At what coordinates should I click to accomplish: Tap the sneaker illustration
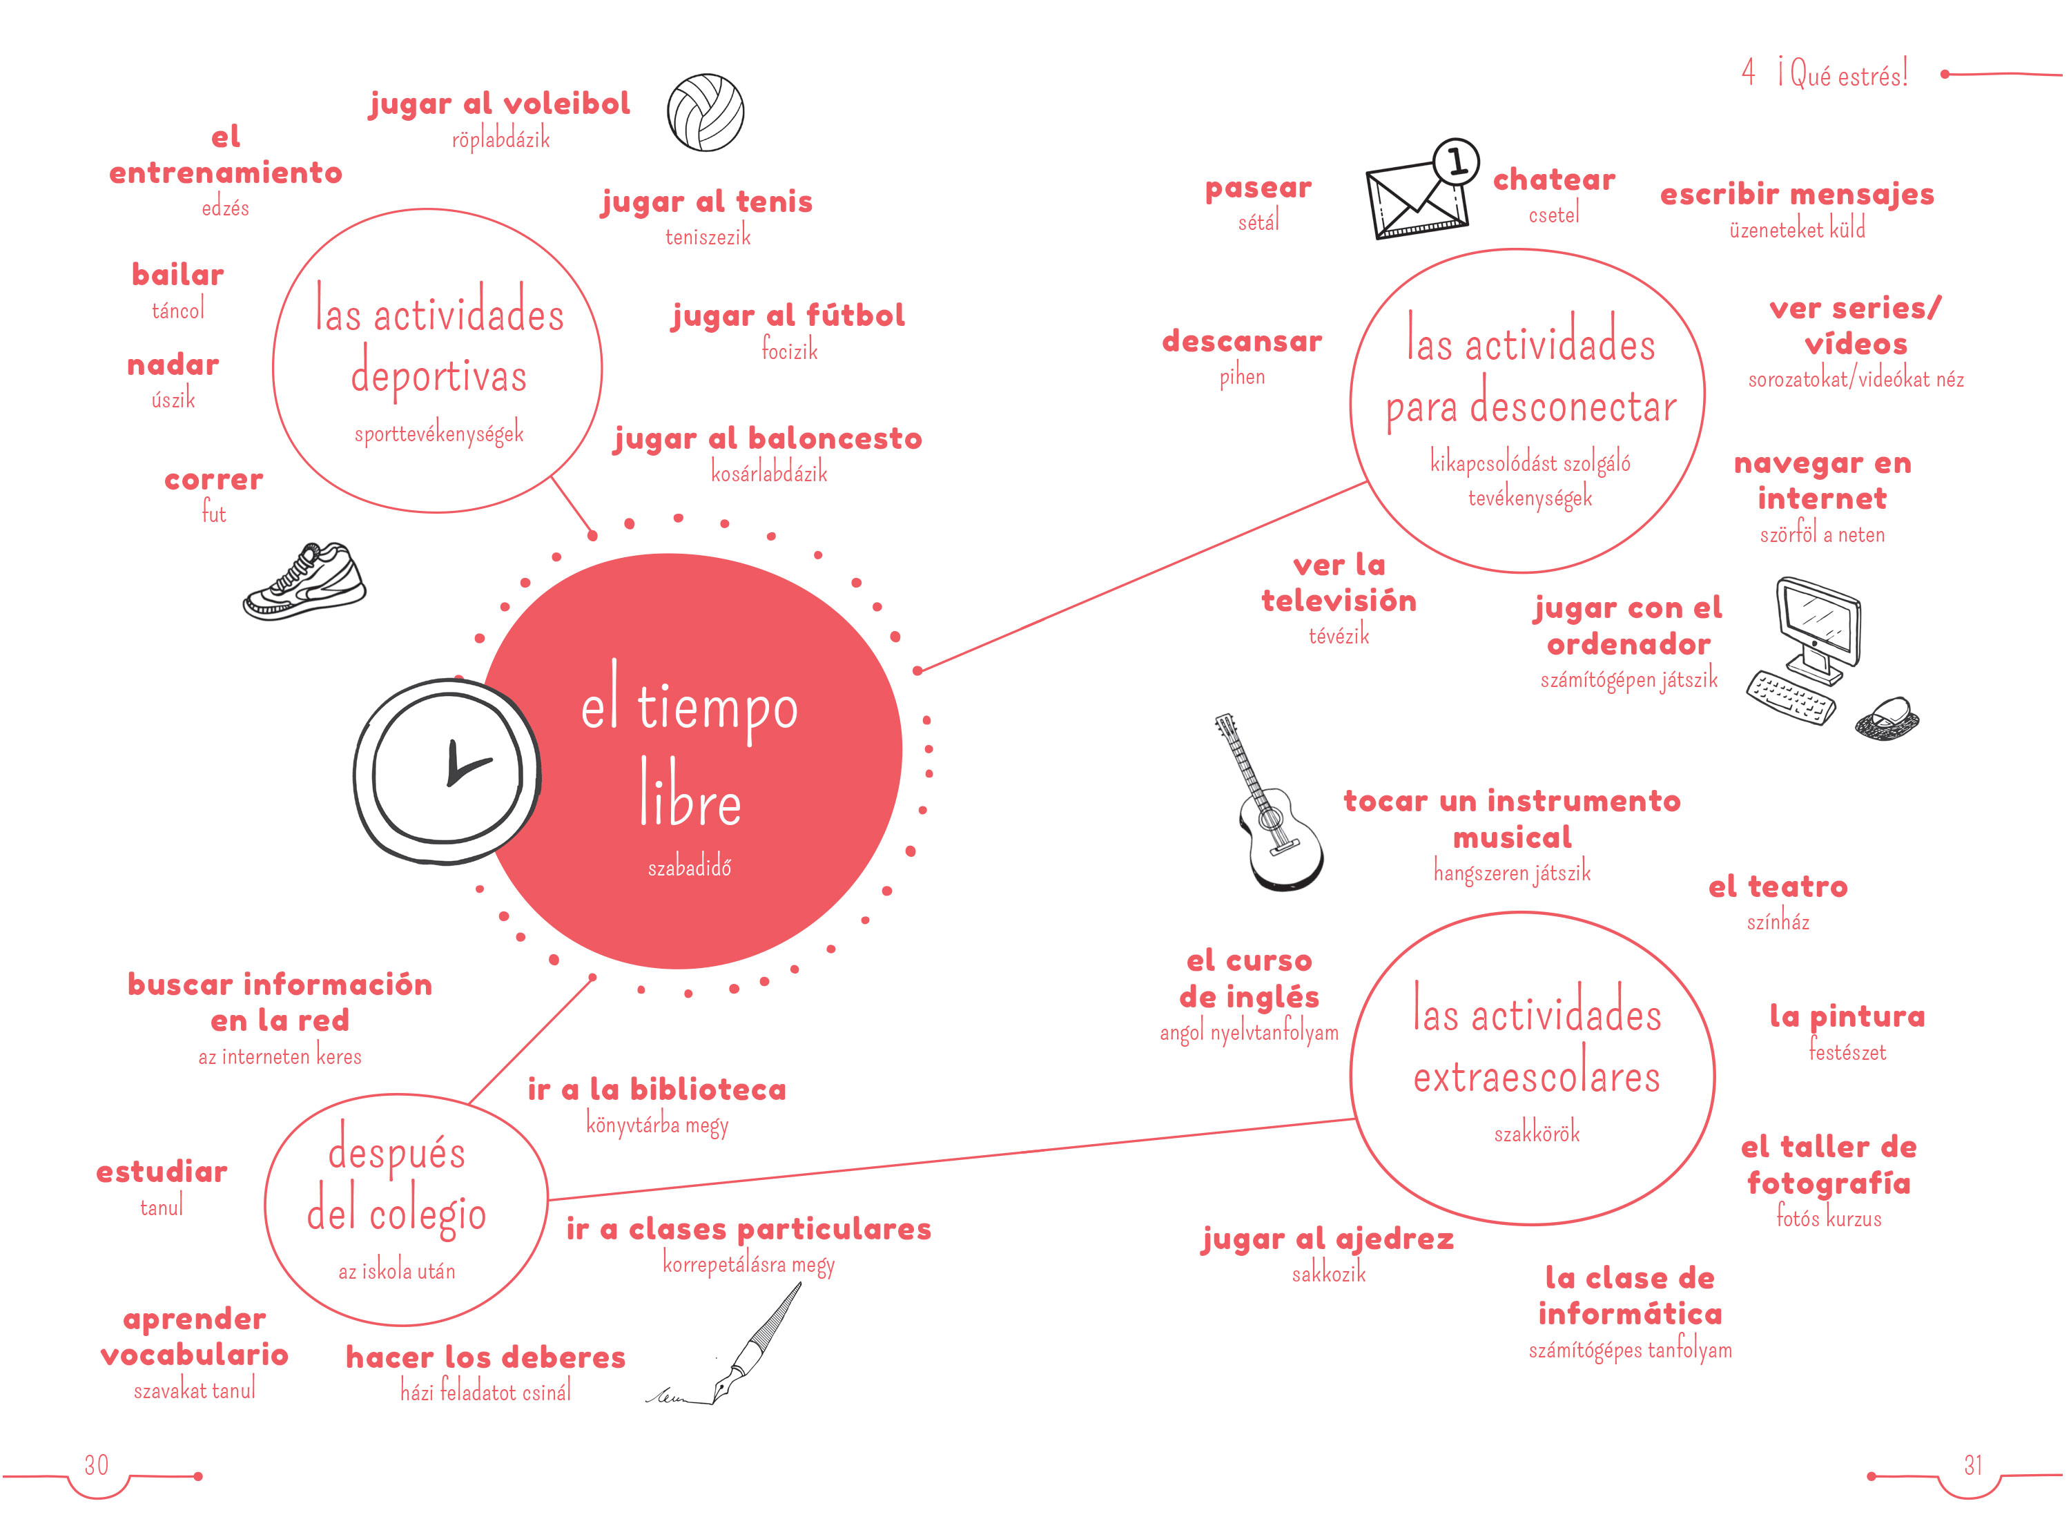point(304,581)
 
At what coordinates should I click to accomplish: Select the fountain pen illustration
point(726,1344)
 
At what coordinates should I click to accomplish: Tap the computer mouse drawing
point(1886,718)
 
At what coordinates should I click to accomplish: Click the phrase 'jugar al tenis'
point(707,202)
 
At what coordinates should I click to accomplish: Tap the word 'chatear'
point(1553,180)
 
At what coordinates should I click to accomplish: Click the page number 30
point(97,1464)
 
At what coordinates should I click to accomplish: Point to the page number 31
point(1973,1464)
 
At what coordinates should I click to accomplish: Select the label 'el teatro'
point(1778,887)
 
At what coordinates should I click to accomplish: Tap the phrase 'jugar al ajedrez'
point(1328,1239)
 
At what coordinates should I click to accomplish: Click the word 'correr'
point(214,479)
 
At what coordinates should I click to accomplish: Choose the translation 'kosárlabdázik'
point(770,473)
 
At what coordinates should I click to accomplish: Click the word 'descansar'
point(1242,341)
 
